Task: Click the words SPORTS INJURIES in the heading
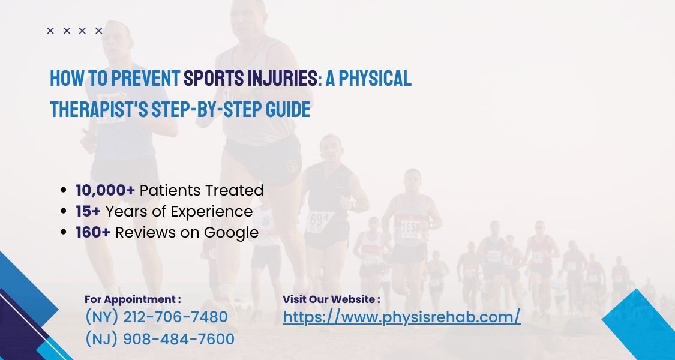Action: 251,78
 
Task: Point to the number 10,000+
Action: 106,190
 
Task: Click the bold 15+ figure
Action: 88,211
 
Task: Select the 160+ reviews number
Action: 93,232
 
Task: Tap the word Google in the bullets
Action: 232,232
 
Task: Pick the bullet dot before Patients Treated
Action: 64,191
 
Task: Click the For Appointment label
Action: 133,299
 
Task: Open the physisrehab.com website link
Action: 401,317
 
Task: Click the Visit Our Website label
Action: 331,299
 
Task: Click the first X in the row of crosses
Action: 50,31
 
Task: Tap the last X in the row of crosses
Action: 99,31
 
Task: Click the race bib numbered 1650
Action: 411,229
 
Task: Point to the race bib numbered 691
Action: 317,220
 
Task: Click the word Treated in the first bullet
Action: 234,190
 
